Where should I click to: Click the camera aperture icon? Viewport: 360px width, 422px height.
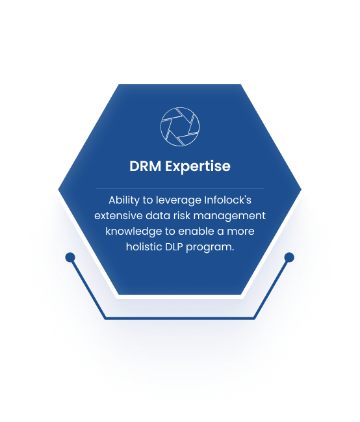tap(180, 127)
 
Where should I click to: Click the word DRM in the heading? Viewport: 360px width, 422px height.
tap(146, 166)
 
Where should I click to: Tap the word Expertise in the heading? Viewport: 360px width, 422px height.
tap(198, 166)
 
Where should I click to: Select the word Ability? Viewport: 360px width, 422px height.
tap(124, 200)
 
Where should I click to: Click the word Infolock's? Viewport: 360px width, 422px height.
tap(228, 200)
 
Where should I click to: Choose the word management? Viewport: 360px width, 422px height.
tap(229, 217)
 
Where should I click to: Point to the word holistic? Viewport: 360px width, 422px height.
tap(144, 247)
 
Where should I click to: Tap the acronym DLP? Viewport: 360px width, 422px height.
tap(174, 247)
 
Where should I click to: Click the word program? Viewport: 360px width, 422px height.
tap(210, 248)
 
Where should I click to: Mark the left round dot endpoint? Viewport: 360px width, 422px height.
tap(70, 257)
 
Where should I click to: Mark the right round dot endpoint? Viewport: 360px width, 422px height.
tap(289, 257)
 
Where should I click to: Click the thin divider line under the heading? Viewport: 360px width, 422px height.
tap(180, 188)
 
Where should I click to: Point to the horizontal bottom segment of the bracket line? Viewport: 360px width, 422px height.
tap(180, 319)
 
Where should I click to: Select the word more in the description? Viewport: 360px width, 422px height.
tap(240, 232)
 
